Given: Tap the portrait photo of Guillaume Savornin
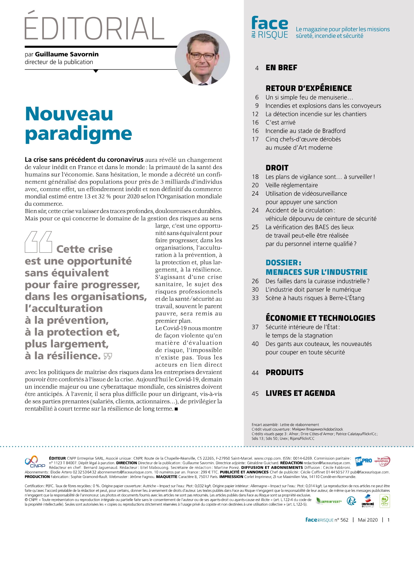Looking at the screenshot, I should pos(202,58).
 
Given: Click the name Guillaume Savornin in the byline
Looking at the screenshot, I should pos(67,54).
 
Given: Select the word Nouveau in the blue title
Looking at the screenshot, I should pos(69,114).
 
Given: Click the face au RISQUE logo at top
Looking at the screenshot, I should pos(270,28).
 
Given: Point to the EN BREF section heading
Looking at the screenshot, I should pos(281,68).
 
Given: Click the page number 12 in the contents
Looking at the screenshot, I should pos(255,114).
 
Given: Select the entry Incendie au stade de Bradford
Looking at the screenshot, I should pos(305,131).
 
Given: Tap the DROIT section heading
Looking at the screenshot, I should pos(277,168).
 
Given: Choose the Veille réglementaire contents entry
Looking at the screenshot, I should pos(291,185).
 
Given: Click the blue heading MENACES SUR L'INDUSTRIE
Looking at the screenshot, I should pos(316,272).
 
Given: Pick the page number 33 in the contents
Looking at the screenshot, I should pos(255,298).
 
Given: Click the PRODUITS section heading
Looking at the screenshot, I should pos(284,372).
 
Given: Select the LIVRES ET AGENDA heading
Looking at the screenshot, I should pos(300,393).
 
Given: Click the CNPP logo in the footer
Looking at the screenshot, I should pos(35,462).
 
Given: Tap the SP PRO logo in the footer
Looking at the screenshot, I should pos(363,461).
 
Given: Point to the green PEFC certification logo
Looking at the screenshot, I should pos(384,501).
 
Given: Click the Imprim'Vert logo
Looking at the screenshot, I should pos(329,501).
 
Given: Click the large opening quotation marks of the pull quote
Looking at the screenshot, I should pos(39,242).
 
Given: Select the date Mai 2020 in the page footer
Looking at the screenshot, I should pos(368,520).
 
